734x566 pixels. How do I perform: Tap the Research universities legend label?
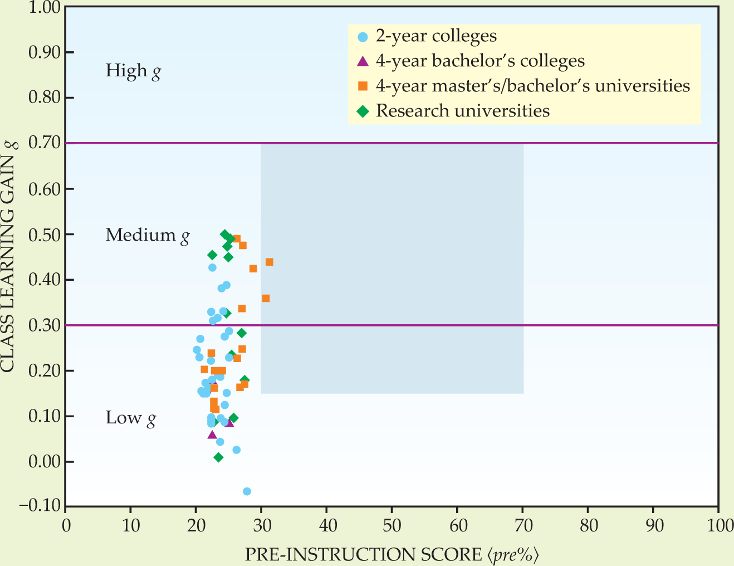click(x=462, y=111)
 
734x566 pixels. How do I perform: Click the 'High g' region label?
click(x=133, y=71)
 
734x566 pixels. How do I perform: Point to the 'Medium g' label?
click(x=148, y=235)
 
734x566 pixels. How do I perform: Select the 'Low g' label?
click(x=130, y=418)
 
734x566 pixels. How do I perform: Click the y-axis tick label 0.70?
click(x=43, y=143)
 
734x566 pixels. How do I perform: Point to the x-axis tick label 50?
click(x=392, y=526)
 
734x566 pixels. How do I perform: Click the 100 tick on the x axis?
click(x=717, y=526)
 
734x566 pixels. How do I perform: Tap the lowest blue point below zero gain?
click(x=247, y=491)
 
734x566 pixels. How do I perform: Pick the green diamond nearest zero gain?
click(x=218, y=457)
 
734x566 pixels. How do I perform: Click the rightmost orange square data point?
click(x=270, y=262)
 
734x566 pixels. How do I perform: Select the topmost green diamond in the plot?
click(x=224, y=235)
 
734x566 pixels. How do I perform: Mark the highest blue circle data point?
click(x=212, y=267)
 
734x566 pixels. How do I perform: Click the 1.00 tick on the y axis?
click(x=43, y=7)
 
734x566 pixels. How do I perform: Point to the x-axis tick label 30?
click(x=261, y=526)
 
